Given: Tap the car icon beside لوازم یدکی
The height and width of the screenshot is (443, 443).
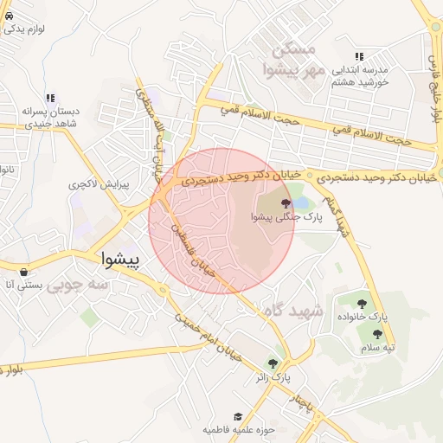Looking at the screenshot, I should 9,16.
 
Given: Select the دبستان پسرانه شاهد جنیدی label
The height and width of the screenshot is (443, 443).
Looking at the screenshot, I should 50,119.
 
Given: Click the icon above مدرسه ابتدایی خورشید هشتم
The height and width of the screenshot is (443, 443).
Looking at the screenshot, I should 359,56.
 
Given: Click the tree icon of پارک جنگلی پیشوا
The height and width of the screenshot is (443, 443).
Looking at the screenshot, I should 286,203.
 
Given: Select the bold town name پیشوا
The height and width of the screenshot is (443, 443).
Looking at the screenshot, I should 121,258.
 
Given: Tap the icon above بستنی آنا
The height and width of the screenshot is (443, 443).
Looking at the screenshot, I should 22,271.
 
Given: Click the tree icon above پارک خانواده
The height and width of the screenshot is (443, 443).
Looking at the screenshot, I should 362,304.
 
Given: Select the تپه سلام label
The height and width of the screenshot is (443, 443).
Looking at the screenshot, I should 377,347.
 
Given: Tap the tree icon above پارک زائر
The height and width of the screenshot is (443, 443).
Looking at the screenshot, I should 273,364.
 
